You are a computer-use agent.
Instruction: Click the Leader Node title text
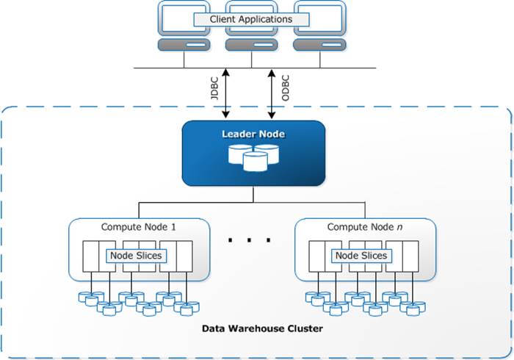click(x=254, y=134)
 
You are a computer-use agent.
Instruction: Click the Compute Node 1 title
click(x=138, y=228)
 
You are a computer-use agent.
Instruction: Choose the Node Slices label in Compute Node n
click(x=361, y=256)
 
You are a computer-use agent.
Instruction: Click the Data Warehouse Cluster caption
click(x=262, y=328)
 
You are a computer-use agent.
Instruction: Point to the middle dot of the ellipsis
click(x=250, y=240)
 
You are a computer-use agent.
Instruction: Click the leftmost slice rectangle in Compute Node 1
click(x=92, y=256)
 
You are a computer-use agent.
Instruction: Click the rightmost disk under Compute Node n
click(x=419, y=309)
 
